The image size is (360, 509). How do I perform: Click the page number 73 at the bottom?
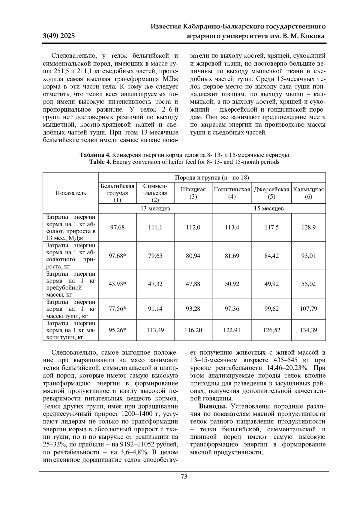(x=184, y=477)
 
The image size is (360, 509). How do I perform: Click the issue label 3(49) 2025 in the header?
(x=59, y=36)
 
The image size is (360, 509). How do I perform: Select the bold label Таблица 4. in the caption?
(x=95, y=155)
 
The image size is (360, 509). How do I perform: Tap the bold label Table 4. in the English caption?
(x=100, y=162)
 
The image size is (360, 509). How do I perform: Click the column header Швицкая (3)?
(x=193, y=193)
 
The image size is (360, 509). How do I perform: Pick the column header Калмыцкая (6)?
(x=308, y=193)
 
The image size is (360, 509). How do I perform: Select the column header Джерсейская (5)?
(x=271, y=193)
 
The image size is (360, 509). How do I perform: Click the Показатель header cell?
(x=70, y=193)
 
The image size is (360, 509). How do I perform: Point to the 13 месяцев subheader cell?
(x=155, y=208)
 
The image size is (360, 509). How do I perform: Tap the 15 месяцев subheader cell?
(x=269, y=208)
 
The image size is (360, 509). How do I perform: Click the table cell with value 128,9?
(x=308, y=227)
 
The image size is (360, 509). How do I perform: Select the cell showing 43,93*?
(x=117, y=284)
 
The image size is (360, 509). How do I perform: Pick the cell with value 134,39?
(x=308, y=330)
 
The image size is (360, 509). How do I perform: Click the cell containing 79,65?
(x=155, y=256)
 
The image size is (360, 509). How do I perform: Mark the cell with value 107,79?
(x=308, y=308)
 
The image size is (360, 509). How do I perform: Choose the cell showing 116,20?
(x=193, y=330)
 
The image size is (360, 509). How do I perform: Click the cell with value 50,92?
(x=232, y=284)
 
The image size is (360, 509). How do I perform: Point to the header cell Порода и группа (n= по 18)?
(x=212, y=178)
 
